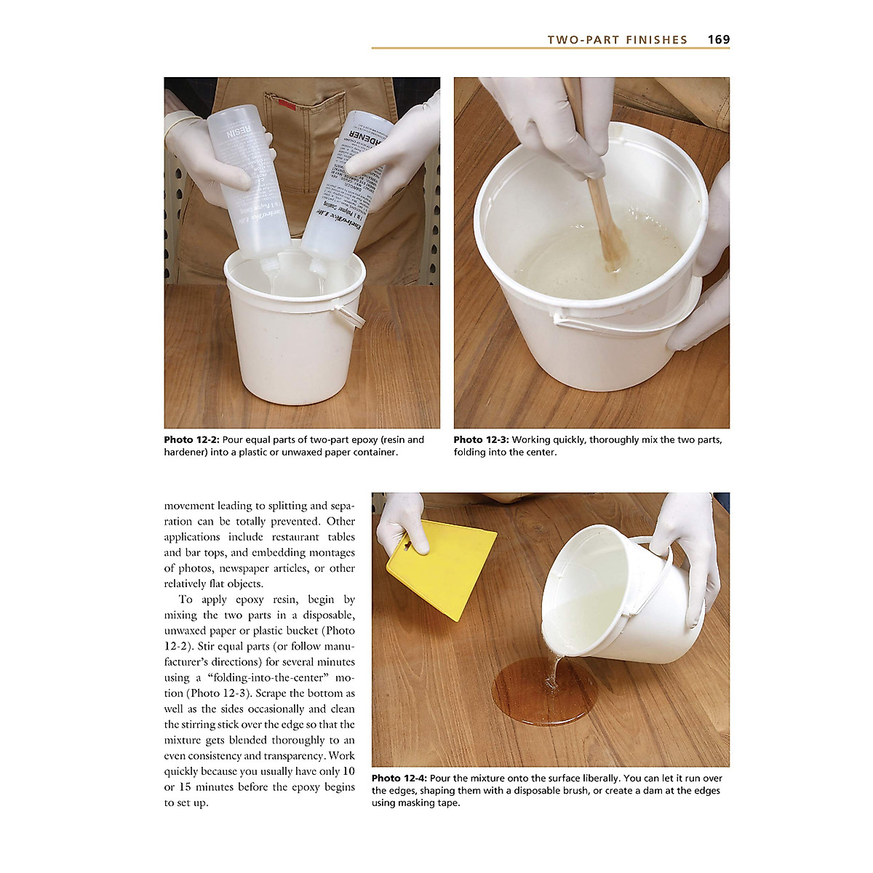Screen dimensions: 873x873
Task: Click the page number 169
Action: coord(718,40)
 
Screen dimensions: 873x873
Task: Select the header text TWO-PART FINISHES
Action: coord(617,40)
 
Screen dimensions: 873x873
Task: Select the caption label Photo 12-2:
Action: coord(191,440)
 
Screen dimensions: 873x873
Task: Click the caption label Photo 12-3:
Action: coord(481,440)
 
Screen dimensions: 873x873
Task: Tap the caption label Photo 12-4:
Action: coord(399,778)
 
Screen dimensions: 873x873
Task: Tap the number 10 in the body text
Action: coord(348,772)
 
